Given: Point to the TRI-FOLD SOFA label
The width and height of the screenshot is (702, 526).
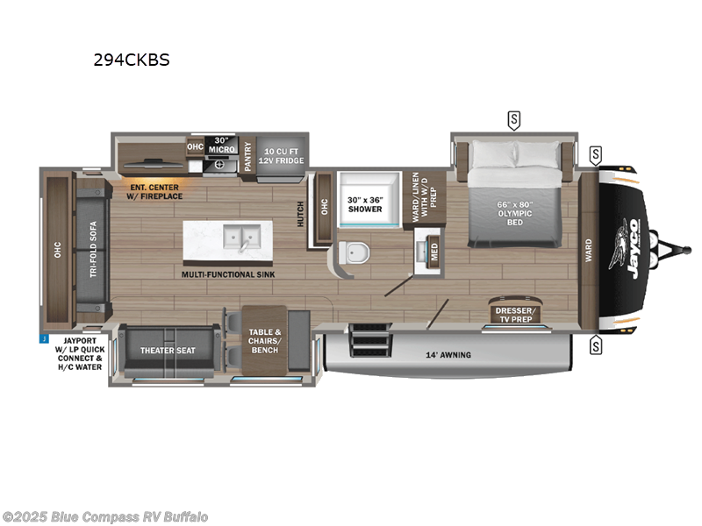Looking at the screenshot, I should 93,249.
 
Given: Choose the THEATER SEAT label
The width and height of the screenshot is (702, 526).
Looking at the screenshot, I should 168,351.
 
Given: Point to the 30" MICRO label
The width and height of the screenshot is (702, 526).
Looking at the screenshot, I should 218,146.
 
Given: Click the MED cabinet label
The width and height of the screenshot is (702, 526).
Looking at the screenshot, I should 433,250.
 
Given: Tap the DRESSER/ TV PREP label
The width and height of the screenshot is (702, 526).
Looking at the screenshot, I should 516,314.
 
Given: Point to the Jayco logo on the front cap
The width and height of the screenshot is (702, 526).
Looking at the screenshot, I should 633,247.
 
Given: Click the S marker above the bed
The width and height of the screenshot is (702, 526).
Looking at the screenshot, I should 513,118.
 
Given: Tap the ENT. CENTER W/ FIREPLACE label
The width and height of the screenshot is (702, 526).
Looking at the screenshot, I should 154,191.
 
